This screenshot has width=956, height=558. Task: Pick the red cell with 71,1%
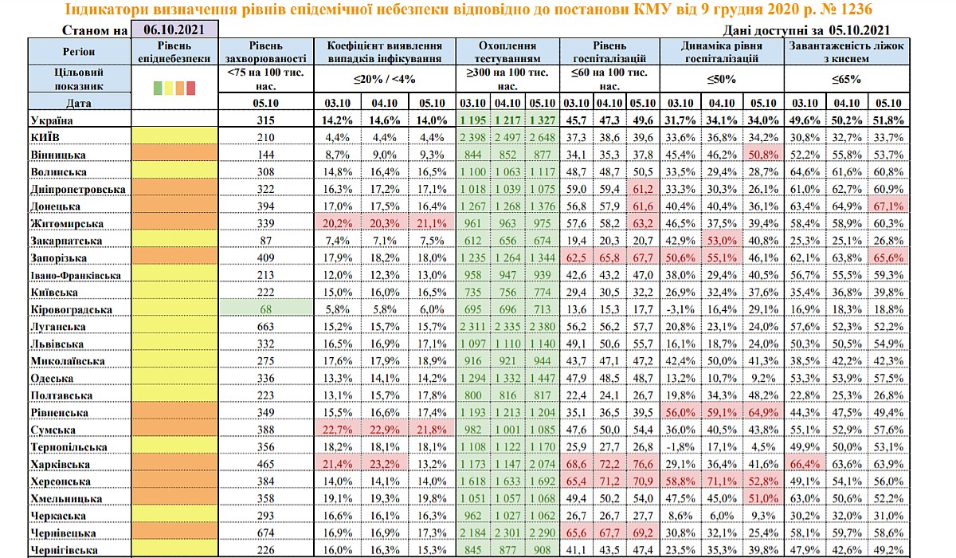(x=722, y=481)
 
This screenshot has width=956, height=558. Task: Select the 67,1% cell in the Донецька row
(x=886, y=206)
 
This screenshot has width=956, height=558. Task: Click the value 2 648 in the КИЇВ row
(x=543, y=137)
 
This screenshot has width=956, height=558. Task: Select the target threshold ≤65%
(x=845, y=79)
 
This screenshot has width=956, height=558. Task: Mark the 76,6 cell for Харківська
(x=642, y=465)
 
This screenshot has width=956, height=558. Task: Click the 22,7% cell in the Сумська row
(x=336, y=430)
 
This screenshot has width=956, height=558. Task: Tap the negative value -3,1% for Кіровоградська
(x=680, y=309)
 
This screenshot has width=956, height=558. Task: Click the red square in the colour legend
(x=191, y=88)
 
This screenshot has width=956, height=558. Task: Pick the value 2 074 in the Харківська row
(x=543, y=465)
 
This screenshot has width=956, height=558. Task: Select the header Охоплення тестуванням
(x=507, y=53)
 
